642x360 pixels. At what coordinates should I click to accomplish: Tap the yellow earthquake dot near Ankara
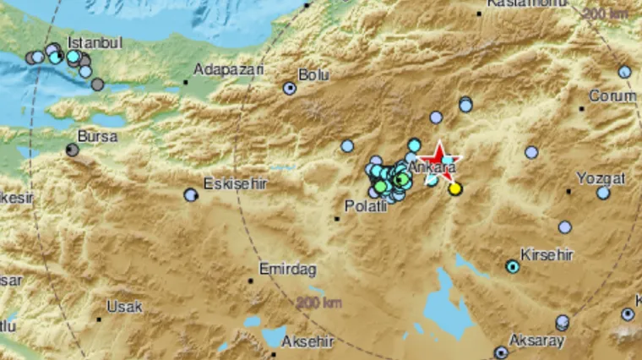tap(455, 189)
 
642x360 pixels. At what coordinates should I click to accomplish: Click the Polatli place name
tap(366, 206)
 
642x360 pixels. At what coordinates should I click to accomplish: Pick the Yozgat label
tap(601, 178)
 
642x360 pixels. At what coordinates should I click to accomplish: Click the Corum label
tap(612, 96)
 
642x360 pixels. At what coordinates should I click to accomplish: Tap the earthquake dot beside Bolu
tap(290, 88)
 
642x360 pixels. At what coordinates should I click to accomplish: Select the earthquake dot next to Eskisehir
tap(191, 195)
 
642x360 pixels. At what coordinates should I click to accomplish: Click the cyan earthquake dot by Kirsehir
tap(512, 267)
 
